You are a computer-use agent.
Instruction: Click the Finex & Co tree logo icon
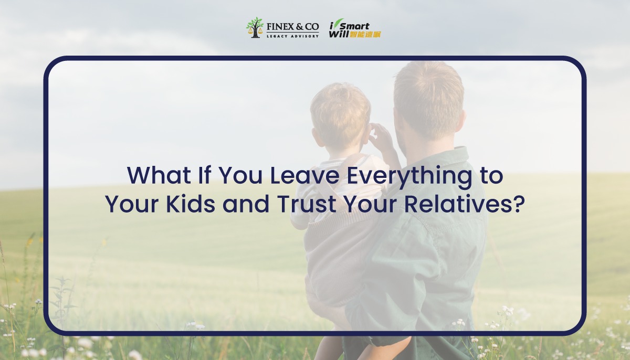pos(255,27)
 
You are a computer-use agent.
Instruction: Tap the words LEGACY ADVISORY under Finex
pos(293,36)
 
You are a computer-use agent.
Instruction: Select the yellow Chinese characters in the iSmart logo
pos(365,34)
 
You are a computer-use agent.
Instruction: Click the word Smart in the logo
pos(354,26)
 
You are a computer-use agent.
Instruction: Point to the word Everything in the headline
pos(409,176)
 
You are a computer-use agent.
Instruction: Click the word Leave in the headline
pos(305,176)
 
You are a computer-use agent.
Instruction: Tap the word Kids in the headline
pos(191,204)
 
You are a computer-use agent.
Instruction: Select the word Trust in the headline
pos(307,204)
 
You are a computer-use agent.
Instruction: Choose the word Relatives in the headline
pos(457,204)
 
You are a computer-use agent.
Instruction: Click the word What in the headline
pos(159,176)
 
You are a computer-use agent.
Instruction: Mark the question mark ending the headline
pos(518,204)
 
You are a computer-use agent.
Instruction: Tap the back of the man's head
pos(428,98)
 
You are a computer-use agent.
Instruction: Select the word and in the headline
pos(246,204)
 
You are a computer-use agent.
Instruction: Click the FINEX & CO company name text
pos(292,27)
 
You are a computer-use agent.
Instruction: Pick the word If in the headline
pos(205,175)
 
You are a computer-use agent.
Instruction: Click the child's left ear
pos(317,137)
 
